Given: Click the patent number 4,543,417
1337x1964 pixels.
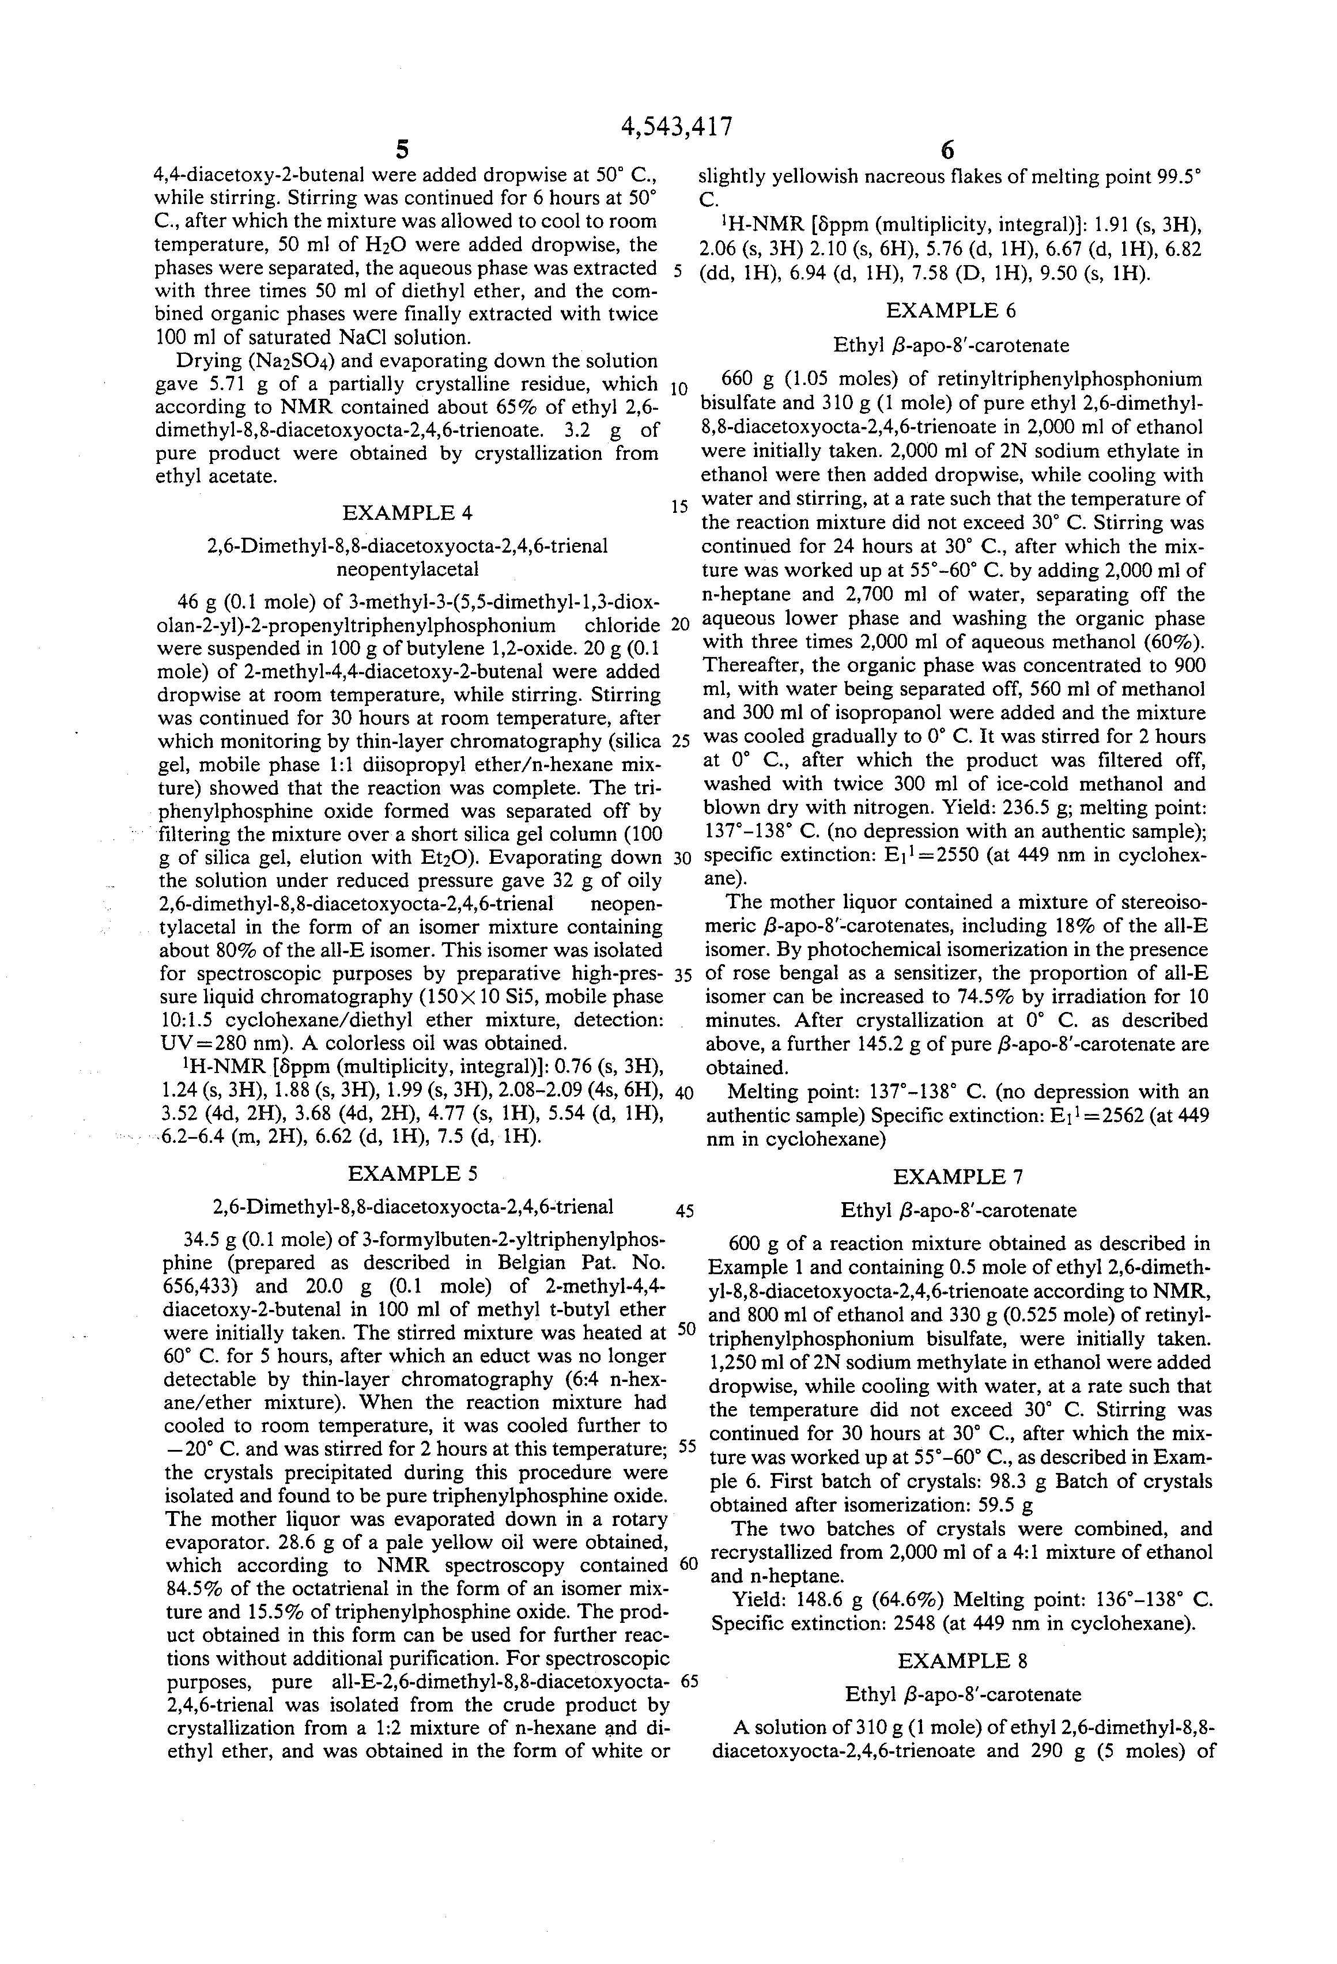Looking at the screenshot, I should point(676,127).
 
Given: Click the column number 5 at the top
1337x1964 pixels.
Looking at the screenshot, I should point(402,151).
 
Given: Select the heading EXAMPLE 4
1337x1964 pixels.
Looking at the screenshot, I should point(407,513).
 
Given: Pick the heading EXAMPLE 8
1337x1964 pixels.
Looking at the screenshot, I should point(962,1661).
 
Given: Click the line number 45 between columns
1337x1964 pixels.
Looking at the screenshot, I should point(685,1210).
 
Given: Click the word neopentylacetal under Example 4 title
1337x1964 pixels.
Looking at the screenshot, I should point(407,569).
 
